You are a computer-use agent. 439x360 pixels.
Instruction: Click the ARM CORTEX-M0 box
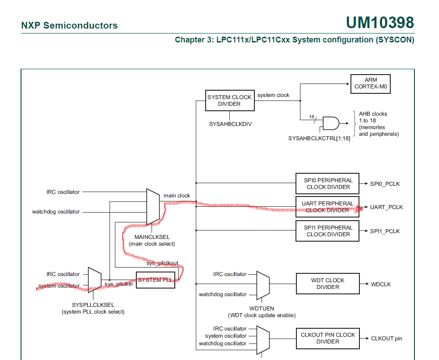(x=371, y=84)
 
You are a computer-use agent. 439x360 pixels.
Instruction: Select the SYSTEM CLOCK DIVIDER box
(x=229, y=100)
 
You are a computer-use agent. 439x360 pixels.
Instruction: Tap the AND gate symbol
(x=331, y=123)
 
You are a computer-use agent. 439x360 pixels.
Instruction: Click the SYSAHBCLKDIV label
(x=230, y=124)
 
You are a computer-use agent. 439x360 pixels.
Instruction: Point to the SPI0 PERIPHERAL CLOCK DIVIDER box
(x=328, y=184)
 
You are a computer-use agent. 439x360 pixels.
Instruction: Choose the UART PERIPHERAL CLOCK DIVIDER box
(x=328, y=207)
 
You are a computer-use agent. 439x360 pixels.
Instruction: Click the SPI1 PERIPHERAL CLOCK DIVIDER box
(x=328, y=231)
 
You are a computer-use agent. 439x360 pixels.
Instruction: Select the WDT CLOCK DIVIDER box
(x=328, y=284)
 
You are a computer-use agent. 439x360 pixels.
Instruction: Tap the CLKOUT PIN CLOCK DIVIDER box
(x=328, y=338)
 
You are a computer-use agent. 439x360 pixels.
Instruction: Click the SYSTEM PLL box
(x=155, y=280)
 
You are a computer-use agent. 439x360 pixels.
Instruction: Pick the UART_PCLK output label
(x=386, y=207)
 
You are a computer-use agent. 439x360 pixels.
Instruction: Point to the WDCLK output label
(x=380, y=284)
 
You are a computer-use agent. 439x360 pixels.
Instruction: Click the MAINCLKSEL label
(x=152, y=237)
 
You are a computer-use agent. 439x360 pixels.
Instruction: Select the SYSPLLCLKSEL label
(x=93, y=305)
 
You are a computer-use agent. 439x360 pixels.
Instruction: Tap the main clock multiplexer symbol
(x=153, y=206)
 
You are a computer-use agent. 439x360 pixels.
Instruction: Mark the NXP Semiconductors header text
(x=69, y=25)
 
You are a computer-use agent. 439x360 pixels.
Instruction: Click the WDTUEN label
(x=262, y=308)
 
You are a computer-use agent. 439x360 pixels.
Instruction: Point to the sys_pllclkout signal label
(x=162, y=263)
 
